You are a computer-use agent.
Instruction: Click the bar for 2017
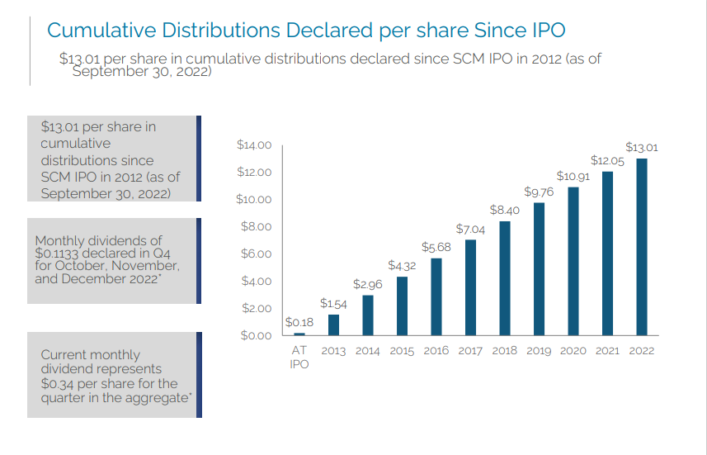click(470, 287)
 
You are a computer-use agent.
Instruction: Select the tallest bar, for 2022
click(642, 247)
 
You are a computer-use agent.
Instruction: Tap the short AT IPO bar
click(299, 334)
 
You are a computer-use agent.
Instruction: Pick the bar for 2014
click(368, 315)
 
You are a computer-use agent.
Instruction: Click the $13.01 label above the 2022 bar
click(641, 147)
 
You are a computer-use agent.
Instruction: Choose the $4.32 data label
click(402, 265)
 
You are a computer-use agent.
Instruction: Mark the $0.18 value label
click(299, 322)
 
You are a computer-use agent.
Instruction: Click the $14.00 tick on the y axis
click(253, 145)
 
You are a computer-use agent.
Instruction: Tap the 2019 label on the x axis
click(539, 351)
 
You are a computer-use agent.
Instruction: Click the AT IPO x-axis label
click(299, 357)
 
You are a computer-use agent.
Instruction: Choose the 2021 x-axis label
click(607, 351)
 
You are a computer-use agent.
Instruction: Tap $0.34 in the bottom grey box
click(59, 384)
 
